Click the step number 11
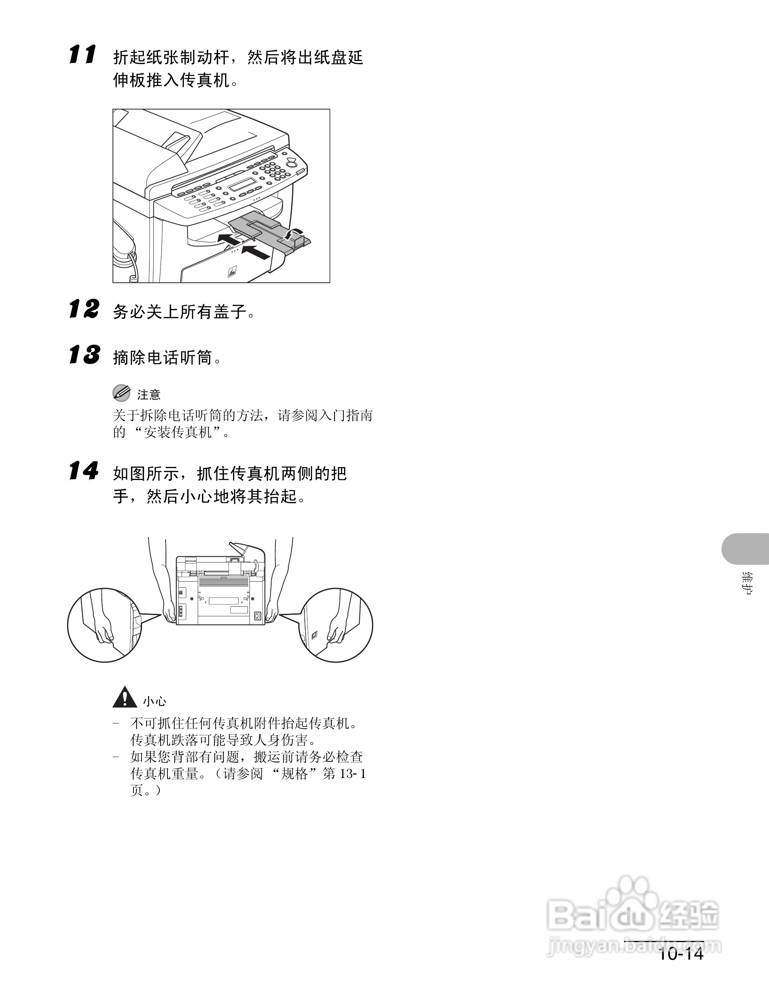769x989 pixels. click(x=82, y=55)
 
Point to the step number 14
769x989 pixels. click(x=84, y=471)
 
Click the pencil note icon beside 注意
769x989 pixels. click(x=121, y=393)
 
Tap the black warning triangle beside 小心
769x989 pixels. click(x=124, y=698)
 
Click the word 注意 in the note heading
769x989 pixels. click(x=149, y=395)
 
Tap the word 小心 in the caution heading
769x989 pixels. click(x=155, y=701)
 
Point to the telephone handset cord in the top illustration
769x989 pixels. click(x=133, y=267)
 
